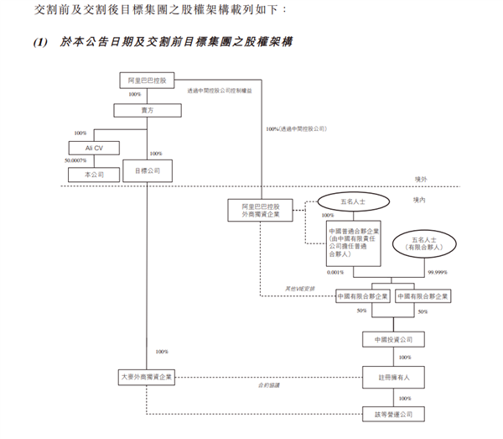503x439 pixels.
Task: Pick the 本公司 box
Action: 94,174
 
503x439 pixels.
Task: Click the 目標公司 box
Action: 148,174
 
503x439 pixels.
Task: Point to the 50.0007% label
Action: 75,160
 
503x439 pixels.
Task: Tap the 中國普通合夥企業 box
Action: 354,243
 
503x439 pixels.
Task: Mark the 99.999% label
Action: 438,273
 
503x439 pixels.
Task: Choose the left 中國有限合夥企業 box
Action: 362,296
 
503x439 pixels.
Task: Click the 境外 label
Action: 422,179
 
